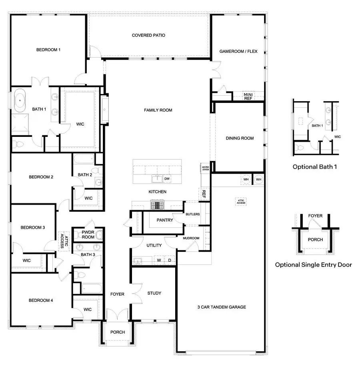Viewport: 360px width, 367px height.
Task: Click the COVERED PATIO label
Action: [148, 35]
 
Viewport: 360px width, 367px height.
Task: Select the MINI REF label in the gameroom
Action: [248, 96]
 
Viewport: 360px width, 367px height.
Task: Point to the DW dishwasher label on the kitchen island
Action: [167, 179]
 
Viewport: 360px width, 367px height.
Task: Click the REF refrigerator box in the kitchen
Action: [204, 194]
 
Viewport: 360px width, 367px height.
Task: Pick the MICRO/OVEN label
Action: [205, 168]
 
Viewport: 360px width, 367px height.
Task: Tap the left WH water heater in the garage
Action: [246, 180]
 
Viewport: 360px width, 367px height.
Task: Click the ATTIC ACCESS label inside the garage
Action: [241, 202]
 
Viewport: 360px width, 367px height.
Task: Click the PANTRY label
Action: [164, 220]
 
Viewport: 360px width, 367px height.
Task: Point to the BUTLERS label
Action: [192, 215]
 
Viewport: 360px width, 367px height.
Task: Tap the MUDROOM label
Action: [191, 238]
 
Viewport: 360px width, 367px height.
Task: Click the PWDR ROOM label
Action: [88, 235]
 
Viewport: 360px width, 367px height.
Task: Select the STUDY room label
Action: [154, 293]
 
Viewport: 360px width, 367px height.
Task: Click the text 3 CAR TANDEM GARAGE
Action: [221, 307]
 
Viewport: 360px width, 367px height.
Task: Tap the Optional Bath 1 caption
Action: [314, 166]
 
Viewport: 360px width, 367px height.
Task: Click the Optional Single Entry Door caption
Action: [313, 265]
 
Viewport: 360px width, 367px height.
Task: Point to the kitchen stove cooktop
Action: [158, 205]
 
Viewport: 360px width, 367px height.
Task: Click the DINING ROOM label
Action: [240, 138]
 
